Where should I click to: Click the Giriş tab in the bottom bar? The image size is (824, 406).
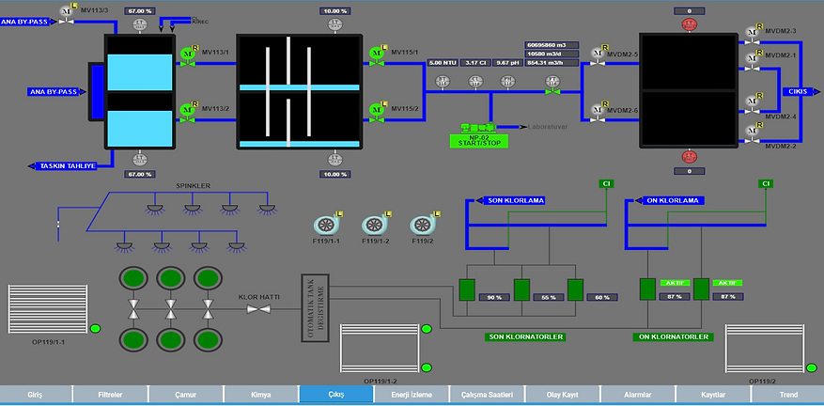click(37, 396)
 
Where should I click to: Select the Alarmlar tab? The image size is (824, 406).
click(636, 396)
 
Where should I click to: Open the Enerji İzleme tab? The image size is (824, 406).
click(412, 396)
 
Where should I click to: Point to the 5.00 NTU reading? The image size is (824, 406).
click(442, 63)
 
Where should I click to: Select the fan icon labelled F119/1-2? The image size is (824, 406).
click(374, 226)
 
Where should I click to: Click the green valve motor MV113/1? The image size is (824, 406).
click(187, 55)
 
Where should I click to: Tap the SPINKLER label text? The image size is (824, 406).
click(193, 185)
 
